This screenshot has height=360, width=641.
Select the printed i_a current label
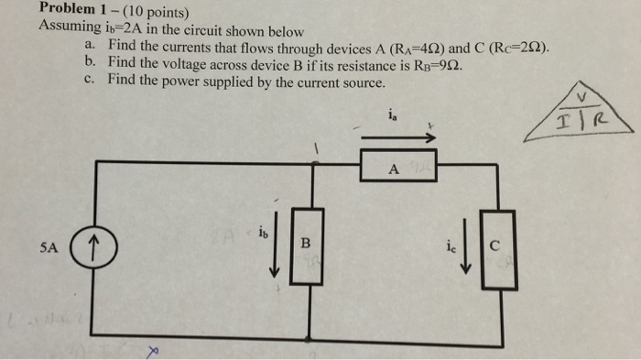pyautogui.click(x=393, y=115)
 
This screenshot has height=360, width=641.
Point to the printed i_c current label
pyautogui.click(x=448, y=245)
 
